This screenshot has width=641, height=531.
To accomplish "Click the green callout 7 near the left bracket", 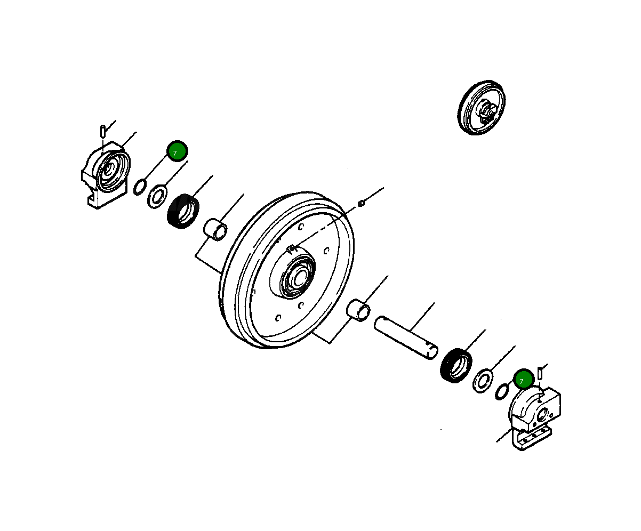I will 177,151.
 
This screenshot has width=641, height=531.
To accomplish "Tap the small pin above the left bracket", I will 102,130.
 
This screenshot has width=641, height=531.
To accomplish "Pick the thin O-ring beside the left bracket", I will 140,187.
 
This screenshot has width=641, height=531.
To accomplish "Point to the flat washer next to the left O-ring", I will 157,196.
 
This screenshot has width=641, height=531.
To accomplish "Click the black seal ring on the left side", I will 183,211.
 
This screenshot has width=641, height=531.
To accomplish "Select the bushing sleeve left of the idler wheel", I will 216,229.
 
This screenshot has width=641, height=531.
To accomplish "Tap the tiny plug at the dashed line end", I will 361,203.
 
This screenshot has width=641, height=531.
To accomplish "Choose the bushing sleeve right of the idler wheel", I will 358,310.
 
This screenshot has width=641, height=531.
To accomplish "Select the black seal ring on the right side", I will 456,365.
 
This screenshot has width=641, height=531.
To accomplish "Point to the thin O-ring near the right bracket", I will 501,392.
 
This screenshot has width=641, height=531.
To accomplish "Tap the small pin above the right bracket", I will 540,373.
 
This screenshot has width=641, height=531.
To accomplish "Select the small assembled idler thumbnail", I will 482,108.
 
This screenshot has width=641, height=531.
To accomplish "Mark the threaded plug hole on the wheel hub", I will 291,248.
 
